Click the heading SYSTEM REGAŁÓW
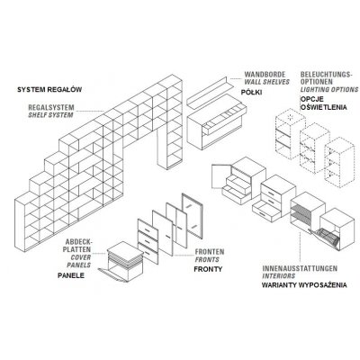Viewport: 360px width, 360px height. point(49,89)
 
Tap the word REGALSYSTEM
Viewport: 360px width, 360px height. point(51,107)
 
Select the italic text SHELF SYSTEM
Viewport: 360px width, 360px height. point(50,115)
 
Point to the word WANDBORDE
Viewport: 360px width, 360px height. point(265,75)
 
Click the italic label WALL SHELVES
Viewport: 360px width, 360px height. point(267,82)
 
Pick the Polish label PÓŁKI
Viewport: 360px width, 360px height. point(251,93)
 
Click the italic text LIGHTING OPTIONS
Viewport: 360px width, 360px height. point(329,89)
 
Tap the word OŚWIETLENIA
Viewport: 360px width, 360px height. point(324,107)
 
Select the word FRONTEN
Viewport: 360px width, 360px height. point(210,252)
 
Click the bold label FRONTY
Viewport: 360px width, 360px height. point(208,269)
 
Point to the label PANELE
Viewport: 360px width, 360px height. point(71,275)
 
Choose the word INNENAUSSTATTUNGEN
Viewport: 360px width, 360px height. point(300,268)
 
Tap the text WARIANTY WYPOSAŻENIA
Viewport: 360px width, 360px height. point(304,285)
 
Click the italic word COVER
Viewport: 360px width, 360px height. point(81,257)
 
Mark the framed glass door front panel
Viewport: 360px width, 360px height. point(193,216)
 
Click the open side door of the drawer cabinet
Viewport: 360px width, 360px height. point(221,176)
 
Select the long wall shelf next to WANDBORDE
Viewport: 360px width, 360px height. point(210,92)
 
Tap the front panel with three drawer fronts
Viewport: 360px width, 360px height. point(148,241)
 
